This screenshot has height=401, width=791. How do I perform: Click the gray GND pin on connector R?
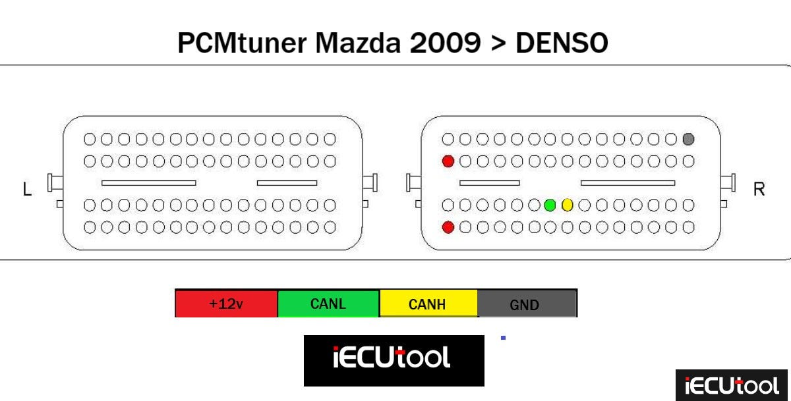coord(689,140)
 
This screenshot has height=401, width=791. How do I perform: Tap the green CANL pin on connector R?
coord(550,205)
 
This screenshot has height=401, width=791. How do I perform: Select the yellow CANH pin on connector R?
coord(568,205)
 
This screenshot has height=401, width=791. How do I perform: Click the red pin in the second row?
coord(448,161)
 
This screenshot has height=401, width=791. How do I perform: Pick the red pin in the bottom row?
coord(448,227)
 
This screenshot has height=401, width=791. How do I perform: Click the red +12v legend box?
coord(226,304)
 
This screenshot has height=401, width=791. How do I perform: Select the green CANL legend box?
coord(328,304)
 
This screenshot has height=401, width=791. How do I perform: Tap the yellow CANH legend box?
coord(428,304)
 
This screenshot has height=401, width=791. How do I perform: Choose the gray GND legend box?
coord(527,304)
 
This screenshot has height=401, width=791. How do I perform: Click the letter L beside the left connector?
coord(26,190)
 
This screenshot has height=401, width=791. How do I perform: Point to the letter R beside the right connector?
coord(759,190)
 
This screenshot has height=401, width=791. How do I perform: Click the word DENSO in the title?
coord(562,43)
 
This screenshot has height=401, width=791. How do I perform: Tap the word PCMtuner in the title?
coord(243,43)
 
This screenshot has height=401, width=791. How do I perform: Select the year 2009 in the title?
coord(448,43)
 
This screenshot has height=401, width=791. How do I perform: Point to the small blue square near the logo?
coord(503,338)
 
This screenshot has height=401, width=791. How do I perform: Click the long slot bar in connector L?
coord(148,182)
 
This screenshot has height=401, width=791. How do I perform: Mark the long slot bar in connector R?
coord(628,182)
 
